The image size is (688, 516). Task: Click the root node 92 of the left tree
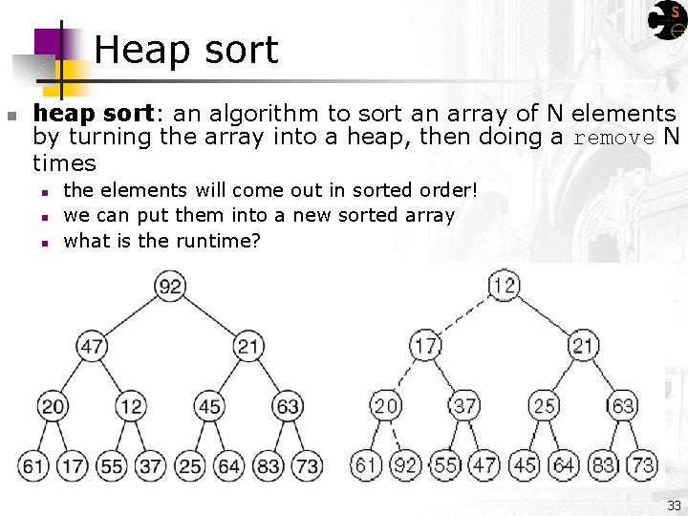pyautogui.click(x=171, y=286)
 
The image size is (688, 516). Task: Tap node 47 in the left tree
pyautogui.click(x=92, y=345)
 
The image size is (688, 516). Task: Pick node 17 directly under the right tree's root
pyautogui.click(x=425, y=345)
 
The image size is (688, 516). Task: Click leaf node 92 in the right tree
pyautogui.click(x=405, y=465)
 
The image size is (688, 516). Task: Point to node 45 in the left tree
pyautogui.click(x=209, y=406)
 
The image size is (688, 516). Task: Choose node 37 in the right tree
pyautogui.click(x=464, y=406)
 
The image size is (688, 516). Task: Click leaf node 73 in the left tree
pyautogui.click(x=308, y=465)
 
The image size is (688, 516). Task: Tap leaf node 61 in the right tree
pyautogui.click(x=366, y=465)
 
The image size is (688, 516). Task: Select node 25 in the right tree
pyautogui.click(x=544, y=406)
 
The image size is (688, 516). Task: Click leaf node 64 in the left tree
pyautogui.click(x=229, y=465)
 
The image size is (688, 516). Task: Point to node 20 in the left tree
pyautogui.click(x=53, y=406)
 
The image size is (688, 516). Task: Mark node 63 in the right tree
pyautogui.click(x=622, y=406)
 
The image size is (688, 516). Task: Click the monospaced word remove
pyautogui.click(x=613, y=138)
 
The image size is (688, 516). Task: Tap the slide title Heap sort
pyautogui.click(x=186, y=50)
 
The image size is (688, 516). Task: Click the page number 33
pyautogui.click(x=674, y=505)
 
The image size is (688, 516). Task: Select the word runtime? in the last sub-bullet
pyautogui.click(x=216, y=241)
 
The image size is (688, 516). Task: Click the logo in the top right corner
pyautogui.click(x=666, y=20)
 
